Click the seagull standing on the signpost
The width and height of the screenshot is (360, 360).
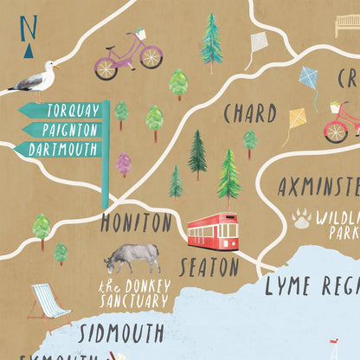pyautogui.click(x=36, y=79)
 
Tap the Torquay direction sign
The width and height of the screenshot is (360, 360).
pyautogui.click(x=61, y=111)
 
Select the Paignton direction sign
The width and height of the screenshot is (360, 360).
pyautogui.click(x=61, y=130)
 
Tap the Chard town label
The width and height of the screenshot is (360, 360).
pyautogui.click(x=249, y=114)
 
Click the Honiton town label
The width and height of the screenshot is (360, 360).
pyautogui.click(x=136, y=223)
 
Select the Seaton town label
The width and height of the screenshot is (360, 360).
pyautogui.click(x=209, y=266)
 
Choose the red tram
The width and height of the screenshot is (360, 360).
pyautogui.click(x=212, y=231)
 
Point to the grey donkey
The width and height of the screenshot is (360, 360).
pyautogui.click(x=133, y=257)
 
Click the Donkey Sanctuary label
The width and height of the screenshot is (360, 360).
pyautogui.click(x=133, y=294)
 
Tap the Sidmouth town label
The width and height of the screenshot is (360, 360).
pyautogui.click(x=121, y=333)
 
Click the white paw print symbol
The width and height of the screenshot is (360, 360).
pyautogui.click(x=302, y=218)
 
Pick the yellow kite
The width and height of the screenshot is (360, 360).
pyautogui.click(x=297, y=118)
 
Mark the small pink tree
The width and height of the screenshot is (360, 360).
pyautogui.click(x=123, y=163)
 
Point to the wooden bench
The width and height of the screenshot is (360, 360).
pyautogui.click(x=347, y=26)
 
